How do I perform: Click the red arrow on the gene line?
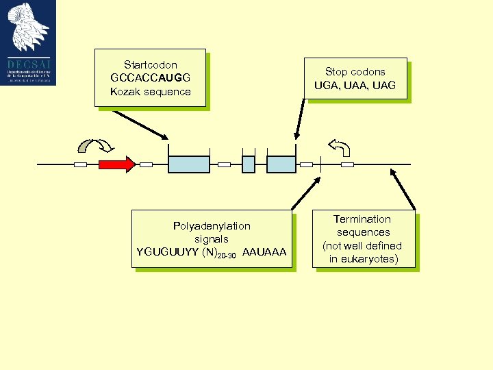[116, 164]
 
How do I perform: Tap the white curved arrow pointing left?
[340, 147]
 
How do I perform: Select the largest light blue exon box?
[189, 164]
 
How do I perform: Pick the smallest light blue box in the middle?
[249, 164]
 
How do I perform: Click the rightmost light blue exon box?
[281, 164]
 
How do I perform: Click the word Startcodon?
[150, 65]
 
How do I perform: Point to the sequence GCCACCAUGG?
[150, 78]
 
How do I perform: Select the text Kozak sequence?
[150, 92]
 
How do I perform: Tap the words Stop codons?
[355, 72]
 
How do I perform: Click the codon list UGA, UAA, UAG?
[355, 86]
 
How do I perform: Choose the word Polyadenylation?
[212, 226]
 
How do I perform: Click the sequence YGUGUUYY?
[167, 253]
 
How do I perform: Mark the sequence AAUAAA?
[264, 253]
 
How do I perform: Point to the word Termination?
[362, 219]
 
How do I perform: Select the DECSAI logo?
[28, 43]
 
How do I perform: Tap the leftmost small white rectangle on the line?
[81, 164]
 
